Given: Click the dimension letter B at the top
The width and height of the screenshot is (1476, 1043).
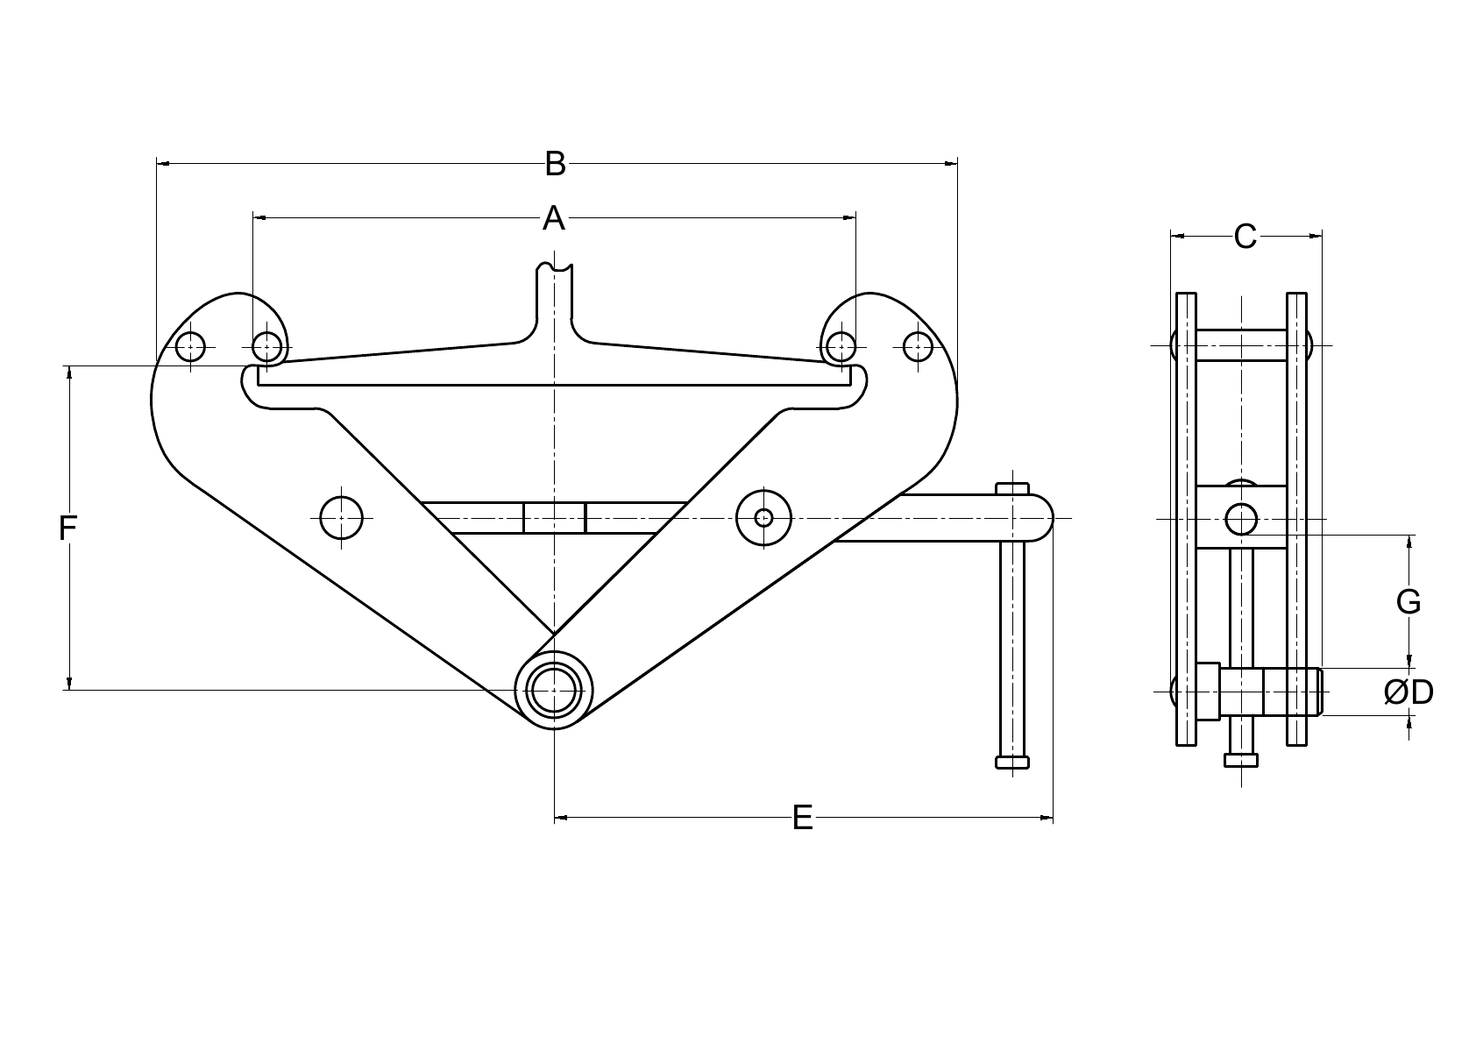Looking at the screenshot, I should pyautogui.click(x=555, y=164).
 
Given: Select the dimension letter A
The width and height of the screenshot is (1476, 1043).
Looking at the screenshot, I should pyautogui.click(x=553, y=218).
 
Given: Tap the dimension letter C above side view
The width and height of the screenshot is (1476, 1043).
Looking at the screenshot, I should pyautogui.click(x=1245, y=237).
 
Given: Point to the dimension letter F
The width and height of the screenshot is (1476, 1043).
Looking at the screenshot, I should pyautogui.click(x=68, y=529).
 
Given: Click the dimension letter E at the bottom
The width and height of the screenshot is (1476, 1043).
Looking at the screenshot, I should pyautogui.click(x=802, y=819).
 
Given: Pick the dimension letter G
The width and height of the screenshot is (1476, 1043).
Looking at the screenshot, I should pyautogui.click(x=1408, y=602).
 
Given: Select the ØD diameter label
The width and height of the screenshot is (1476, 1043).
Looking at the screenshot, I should pyautogui.click(x=1409, y=692).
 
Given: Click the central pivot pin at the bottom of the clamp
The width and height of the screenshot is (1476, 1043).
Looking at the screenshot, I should pyautogui.click(x=554, y=691).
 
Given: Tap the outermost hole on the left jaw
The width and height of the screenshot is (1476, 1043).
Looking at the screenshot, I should pyautogui.click(x=190, y=347).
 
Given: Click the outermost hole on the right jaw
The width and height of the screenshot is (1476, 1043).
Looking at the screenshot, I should pyautogui.click(x=917, y=347).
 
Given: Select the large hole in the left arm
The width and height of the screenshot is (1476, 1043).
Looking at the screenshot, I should pyautogui.click(x=341, y=518).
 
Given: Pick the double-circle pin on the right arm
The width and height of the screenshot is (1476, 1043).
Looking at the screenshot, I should pyautogui.click(x=763, y=518).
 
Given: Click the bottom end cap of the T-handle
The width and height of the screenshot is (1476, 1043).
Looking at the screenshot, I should pyautogui.click(x=1012, y=761).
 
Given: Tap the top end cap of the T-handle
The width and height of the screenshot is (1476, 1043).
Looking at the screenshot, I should pyautogui.click(x=1012, y=487).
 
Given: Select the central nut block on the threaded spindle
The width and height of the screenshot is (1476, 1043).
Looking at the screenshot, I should pyautogui.click(x=554, y=518).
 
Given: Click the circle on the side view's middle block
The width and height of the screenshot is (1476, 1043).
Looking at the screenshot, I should pyautogui.click(x=1241, y=519).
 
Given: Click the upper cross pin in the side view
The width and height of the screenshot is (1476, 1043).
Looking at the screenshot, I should pyautogui.click(x=1241, y=345).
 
